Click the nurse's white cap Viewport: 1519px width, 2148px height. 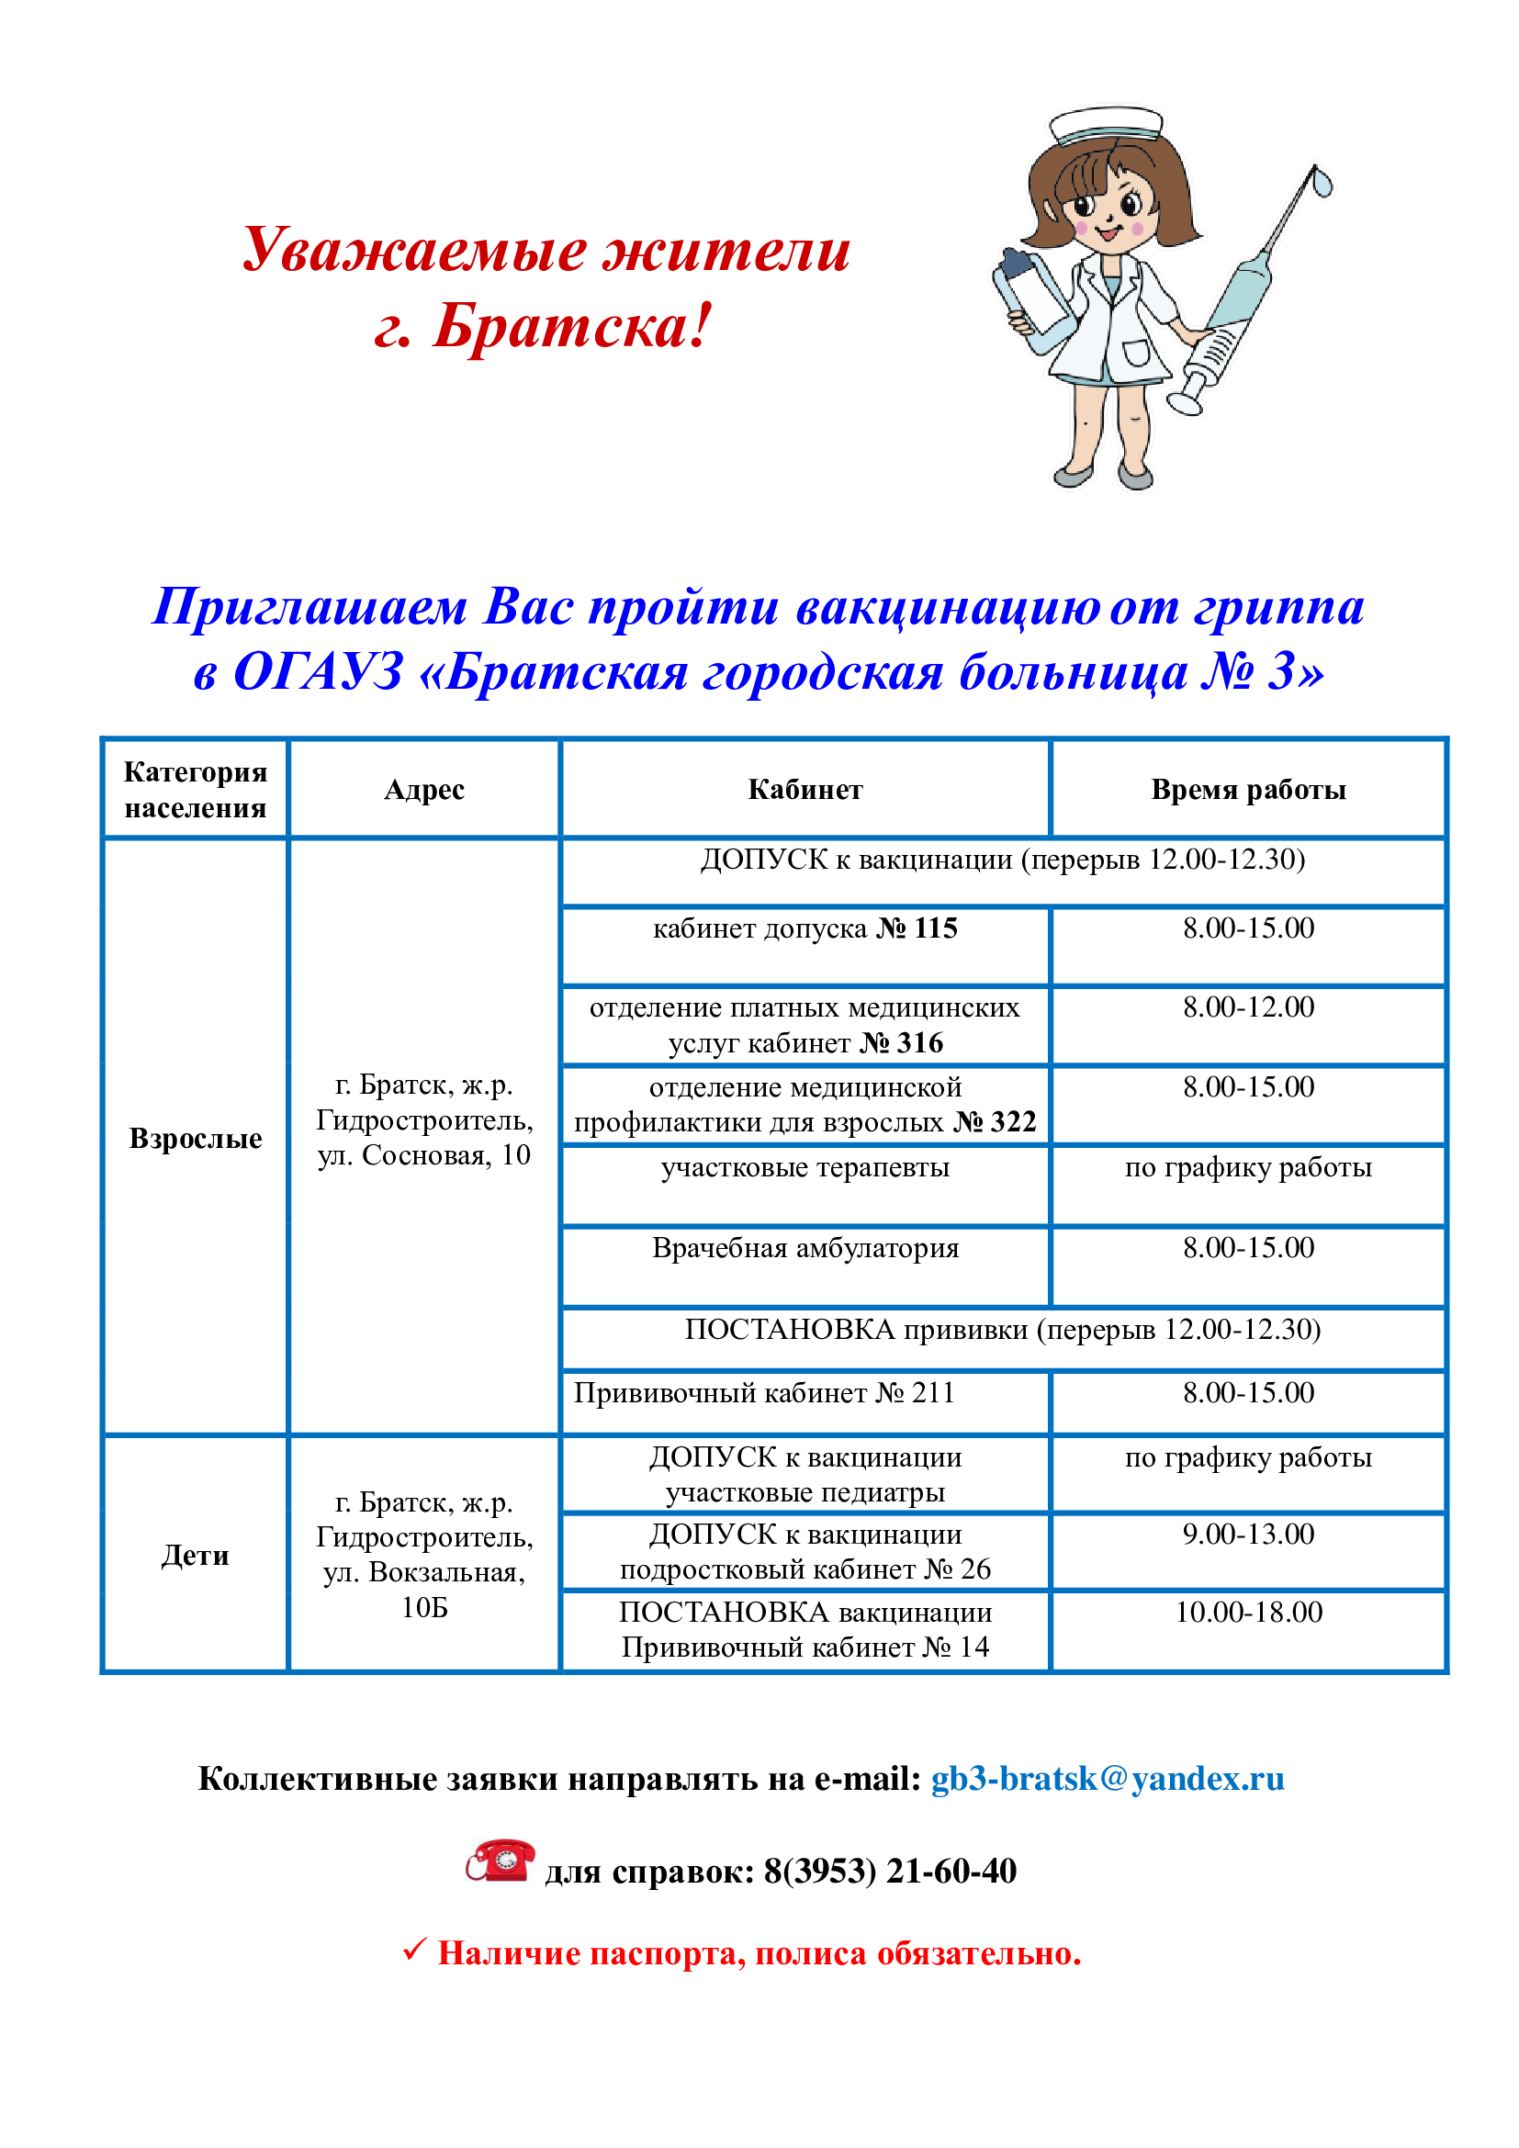click(x=1105, y=126)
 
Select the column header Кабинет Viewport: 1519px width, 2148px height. click(x=805, y=790)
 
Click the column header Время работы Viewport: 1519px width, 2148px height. click(x=1248, y=790)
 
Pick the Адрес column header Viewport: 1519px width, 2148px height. click(x=423, y=790)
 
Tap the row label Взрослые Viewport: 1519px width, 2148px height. click(x=196, y=1139)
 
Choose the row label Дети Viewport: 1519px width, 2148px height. click(x=195, y=1556)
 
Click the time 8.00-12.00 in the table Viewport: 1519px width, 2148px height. click(x=1248, y=1007)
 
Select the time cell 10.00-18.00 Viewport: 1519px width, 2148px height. click(x=1248, y=1612)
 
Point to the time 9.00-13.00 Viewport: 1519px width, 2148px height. click(x=1248, y=1535)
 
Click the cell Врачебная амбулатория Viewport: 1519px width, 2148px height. click(x=805, y=1248)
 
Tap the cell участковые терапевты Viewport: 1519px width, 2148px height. click(x=805, y=1167)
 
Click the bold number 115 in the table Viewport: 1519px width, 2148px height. click(x=935, y=928)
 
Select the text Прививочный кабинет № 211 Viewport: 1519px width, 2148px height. click(x=763, y=1393)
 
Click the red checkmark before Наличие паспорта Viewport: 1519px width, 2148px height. click(x=413, y=1951)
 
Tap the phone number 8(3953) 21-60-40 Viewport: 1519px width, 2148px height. click(x=890, y=1871)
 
